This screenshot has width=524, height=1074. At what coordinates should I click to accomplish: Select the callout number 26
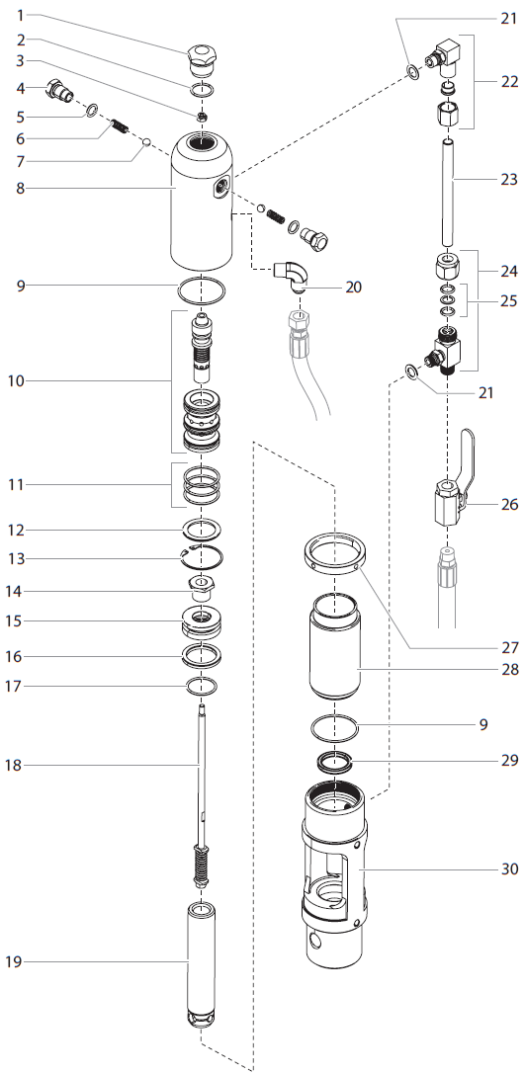(508, 505)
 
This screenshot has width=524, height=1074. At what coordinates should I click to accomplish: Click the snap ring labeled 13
(207, 558)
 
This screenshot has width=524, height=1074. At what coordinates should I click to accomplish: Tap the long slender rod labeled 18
(201, 771)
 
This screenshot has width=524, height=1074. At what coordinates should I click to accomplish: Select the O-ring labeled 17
(202, 686)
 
